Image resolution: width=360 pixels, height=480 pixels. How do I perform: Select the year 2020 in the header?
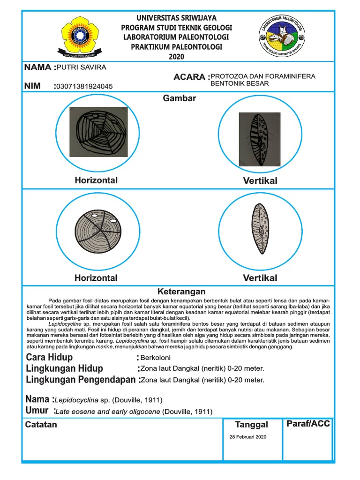[x=176, y=57]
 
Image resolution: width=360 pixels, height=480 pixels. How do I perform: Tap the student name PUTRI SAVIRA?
[x=81, y=67]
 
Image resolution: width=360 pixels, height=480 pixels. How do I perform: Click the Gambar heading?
[x=180, y=98]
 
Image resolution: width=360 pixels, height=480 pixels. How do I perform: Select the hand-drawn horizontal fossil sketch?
[x=98, y=132]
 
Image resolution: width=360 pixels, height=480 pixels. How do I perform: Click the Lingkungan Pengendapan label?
[x=81, y=380]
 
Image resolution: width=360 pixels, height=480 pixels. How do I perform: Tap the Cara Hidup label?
[x=49, y=358]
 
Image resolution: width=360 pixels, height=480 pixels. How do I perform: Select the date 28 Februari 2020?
[x=248, y=436]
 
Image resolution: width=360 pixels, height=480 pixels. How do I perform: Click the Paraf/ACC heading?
[x=308, y=424]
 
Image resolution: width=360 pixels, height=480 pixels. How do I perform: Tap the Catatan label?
[x=41, y=425]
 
